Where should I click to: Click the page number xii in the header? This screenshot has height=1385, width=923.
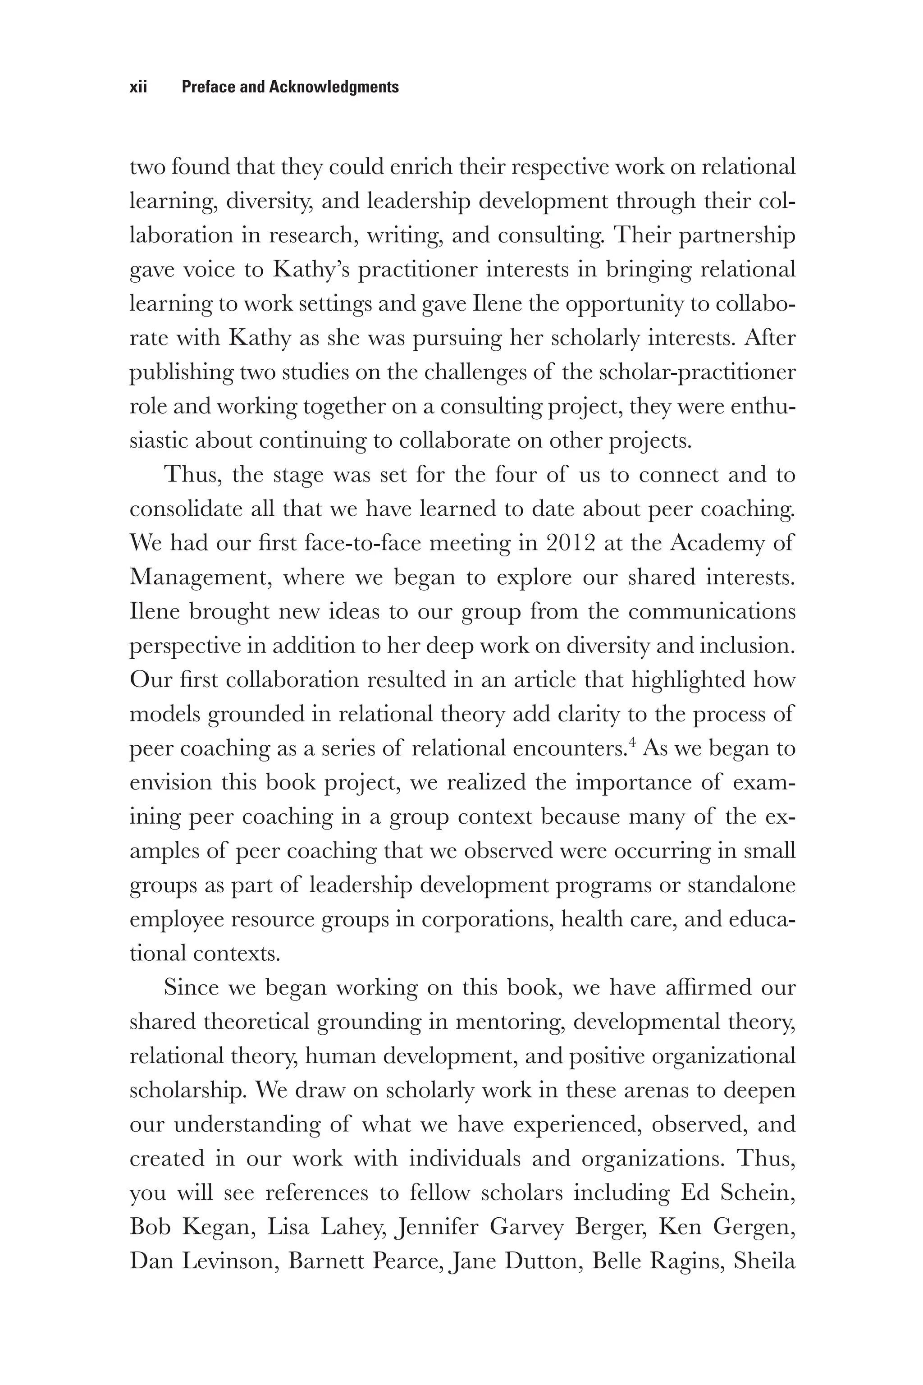(138, 87)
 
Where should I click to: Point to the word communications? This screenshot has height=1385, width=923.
(712, 611)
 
